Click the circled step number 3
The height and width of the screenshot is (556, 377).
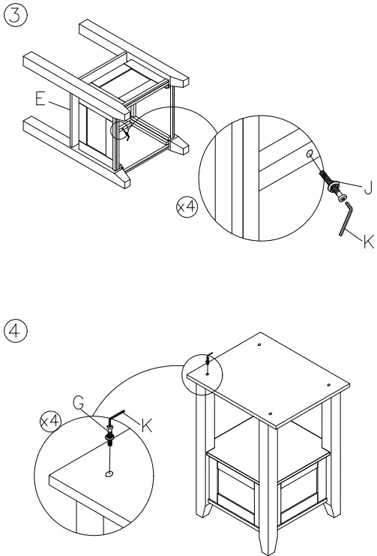[15, 17]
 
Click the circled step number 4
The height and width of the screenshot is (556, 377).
[15, 331]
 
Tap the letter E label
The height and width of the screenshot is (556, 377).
[40, 98]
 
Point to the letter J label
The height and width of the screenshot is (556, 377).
[369, 188]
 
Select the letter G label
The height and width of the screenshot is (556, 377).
[79, 402]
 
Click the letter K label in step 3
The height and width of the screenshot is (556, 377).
[369, 242]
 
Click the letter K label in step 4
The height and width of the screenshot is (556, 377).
[147, 425]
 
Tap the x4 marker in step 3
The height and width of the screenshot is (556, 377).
[187, 206]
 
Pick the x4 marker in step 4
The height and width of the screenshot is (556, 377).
[51, 421]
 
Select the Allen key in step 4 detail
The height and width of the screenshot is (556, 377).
[116, 415]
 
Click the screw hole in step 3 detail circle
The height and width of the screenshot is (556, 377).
[310, 154]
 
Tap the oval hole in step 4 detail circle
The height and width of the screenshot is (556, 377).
[109, 474]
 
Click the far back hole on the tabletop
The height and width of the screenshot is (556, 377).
[260, 344]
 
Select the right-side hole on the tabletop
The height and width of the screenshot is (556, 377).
[328, 385]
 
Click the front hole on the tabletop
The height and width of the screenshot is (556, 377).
[271, 413]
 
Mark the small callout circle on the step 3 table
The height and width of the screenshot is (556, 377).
[119, 130]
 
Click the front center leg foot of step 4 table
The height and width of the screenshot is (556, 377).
[268, 542]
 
